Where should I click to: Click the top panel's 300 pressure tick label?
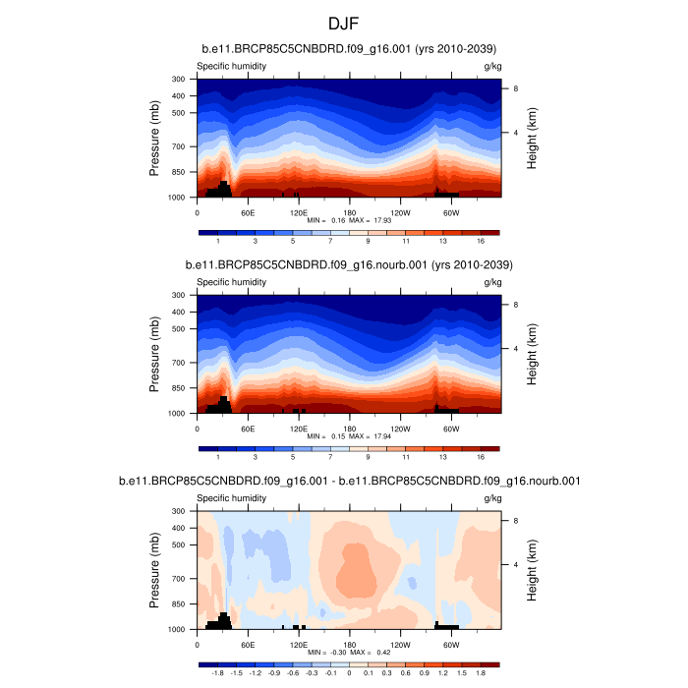coord(179,79)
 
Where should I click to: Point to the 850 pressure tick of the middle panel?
coord(179,388)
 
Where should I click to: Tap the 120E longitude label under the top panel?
coord(299,211)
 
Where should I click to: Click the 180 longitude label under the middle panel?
coord(349,428)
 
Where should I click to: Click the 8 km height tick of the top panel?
coord(516,88)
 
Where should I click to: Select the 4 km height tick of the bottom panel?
coord(516,564)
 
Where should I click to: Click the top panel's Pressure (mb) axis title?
coord(155,138)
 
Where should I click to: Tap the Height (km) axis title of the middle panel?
coord(532,354)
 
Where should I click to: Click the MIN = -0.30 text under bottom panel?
coord(325,652)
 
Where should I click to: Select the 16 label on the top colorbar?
coord(481,240)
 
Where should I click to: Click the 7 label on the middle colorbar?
coord(330,456)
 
